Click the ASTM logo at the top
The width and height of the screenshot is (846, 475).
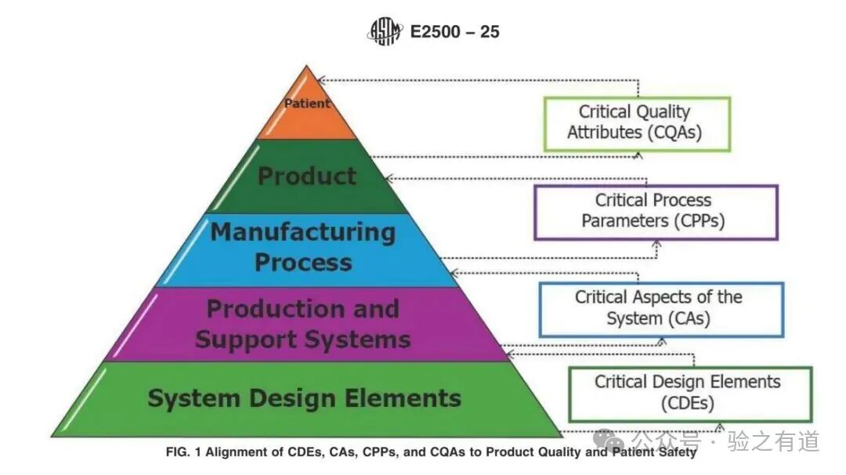[x=385, y=32]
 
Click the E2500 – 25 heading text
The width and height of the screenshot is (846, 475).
[x=455, y=32]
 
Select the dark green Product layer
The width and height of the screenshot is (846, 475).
[x=307, y=176]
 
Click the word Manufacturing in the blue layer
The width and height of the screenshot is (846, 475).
[x=302, y=232]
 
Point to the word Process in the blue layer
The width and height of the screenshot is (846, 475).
[x=302, y=262]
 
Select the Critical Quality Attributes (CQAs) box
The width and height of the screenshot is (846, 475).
[x=636, y=123]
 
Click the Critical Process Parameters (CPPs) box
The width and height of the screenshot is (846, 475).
[x=655, y=211]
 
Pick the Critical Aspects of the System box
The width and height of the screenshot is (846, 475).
[x=660, y=308]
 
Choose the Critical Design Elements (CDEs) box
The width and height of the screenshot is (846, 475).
[x=689, y=393]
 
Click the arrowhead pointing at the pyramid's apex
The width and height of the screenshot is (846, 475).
[x=321, y=79]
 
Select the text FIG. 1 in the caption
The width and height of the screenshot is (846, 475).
[x=183, y=452]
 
